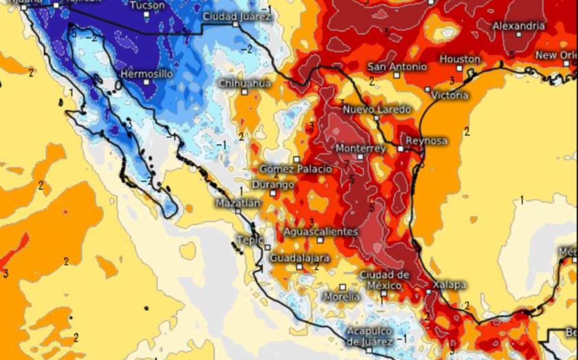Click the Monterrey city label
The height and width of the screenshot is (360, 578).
(360, 148)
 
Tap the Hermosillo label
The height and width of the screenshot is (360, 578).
(146, 74)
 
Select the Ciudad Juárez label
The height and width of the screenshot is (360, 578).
(237, 16)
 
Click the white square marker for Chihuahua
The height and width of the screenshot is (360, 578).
(245, 92)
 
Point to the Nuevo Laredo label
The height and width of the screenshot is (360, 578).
(377, 110)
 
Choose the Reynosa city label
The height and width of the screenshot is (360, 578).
(426, 141)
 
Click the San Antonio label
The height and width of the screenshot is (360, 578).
(397, 67)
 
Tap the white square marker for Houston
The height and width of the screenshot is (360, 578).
(460, 68)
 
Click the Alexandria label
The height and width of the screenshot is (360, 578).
(519, 26)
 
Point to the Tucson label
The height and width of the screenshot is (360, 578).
(147, 6)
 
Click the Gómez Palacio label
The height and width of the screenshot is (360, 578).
(296, 169)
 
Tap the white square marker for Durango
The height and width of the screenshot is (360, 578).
(273, 193)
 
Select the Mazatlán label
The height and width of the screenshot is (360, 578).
(237, 203)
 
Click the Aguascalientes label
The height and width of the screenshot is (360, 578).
(320, 232)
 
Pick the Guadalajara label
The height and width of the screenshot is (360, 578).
(300, 258)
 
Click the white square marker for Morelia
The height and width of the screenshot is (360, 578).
(342, 287)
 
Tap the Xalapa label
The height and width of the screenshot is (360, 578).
(449, 285)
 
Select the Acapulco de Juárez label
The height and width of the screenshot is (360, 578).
(370, 336)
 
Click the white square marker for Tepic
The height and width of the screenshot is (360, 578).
(267, 248)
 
